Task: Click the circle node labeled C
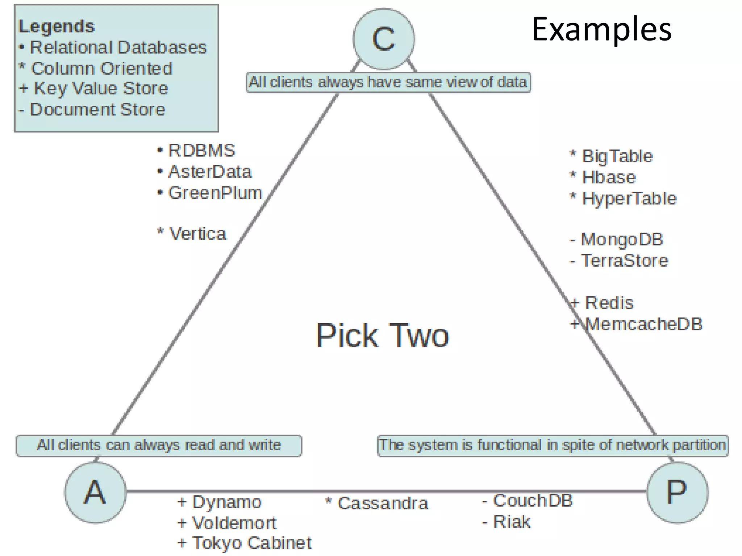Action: click(384, 39)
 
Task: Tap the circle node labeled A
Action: click(95, 492)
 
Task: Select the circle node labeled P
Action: click(677, 492)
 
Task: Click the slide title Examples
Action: click(601, 30)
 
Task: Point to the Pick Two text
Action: click(382, 336)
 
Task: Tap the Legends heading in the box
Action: click(57, 26)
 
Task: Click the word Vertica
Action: click(197, 234)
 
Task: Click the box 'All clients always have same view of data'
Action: click(388, 83)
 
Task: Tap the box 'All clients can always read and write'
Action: click(159, 445)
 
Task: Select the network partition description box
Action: click(553, 445)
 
